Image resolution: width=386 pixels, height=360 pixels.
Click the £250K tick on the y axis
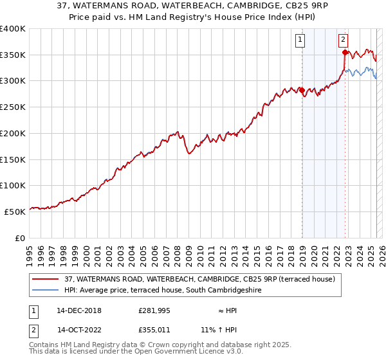click(x=13, y=107)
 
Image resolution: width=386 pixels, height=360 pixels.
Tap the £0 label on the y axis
click(x=19, y=237)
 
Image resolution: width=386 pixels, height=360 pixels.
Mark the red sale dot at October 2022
click(x=345, y=52)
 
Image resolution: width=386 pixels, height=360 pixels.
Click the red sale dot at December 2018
click(x=302, y=90)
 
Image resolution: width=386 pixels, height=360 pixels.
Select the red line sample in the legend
click(x=46, y=279)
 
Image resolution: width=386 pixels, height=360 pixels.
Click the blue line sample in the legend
click(x=46, y=290)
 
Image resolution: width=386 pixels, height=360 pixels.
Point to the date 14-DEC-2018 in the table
click(x=79, y=310)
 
